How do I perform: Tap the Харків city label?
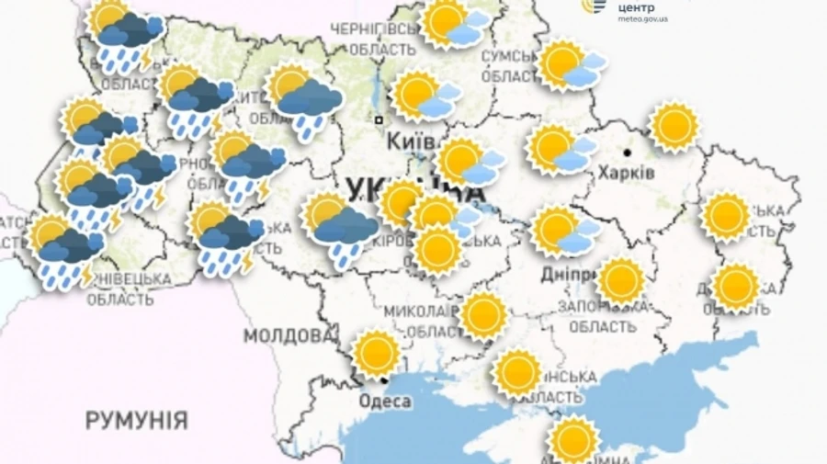tap(626, 173)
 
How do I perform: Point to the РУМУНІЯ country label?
tap(137, 422)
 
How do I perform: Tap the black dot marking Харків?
tap(628, 153)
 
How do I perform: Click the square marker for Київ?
tap(378, 119)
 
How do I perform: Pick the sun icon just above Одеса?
tap(377, 353)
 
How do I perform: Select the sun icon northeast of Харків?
tap(675, 126)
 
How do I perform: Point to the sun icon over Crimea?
tap(574, 438)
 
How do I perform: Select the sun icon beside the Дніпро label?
tap(621, 280)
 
